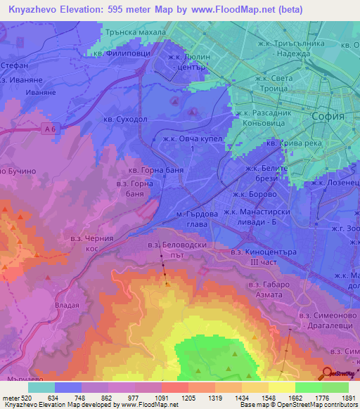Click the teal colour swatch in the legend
41,387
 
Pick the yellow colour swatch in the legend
282,387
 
